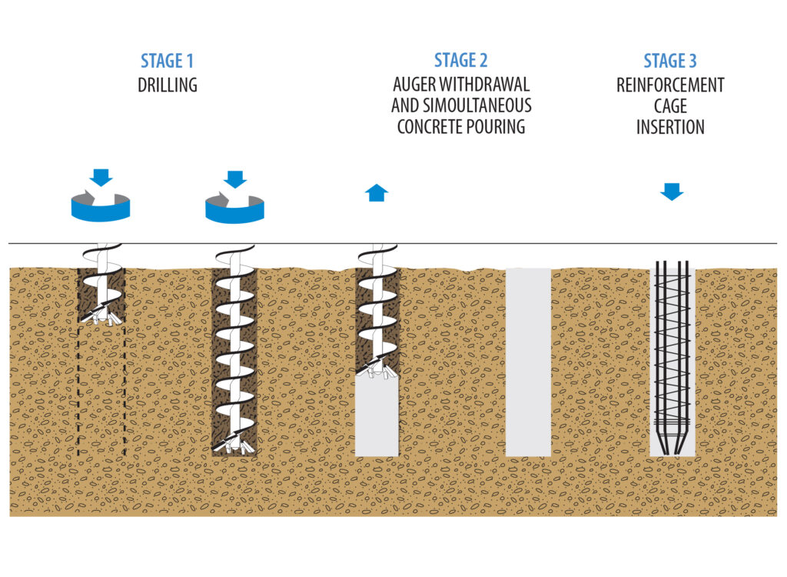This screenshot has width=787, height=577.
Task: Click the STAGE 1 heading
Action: pos(168,61)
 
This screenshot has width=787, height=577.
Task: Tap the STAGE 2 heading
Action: pos(460,61)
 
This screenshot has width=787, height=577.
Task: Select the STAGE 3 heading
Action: pos(670,61)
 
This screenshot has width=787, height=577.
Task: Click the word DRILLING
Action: pos(168,85)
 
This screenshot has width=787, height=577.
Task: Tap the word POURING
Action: pos(496,127)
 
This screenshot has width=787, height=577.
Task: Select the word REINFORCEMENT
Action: pos(670,85)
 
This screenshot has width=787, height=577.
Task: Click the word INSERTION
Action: pos(670,127)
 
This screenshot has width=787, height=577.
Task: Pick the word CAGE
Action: pos(670,106)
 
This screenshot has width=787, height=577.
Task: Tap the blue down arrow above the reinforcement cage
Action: pos(672,192)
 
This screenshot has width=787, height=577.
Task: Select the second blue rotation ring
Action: pos(234,208)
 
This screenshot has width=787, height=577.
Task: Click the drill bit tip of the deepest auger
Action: pos(235,447)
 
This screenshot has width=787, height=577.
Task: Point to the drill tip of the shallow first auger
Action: pos(101,315)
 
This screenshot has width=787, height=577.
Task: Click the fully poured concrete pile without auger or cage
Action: pos(528,362)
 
